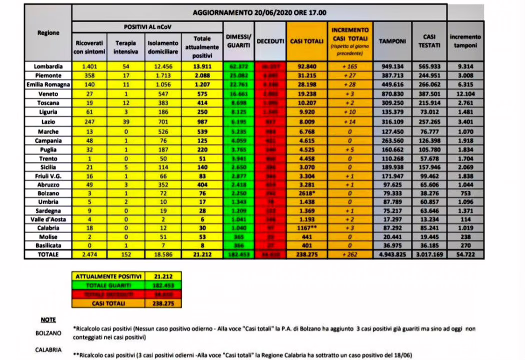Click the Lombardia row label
(x=48, y=66)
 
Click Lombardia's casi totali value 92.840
(x=306, y=66)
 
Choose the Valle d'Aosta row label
(x=48, y=219)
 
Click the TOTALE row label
(x=48, y=254)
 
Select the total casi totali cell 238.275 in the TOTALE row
(x=306, y=254)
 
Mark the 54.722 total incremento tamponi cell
(x=465, y=254)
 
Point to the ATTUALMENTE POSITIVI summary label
(x=108, y=275)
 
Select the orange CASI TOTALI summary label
(x=108, y=303)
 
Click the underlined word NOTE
(x=48, y=319)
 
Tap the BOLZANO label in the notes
(x=48, y=332)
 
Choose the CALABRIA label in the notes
(x=48, y=350)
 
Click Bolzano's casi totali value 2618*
(x=306, y=192)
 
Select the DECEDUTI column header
(x=270, y=41)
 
